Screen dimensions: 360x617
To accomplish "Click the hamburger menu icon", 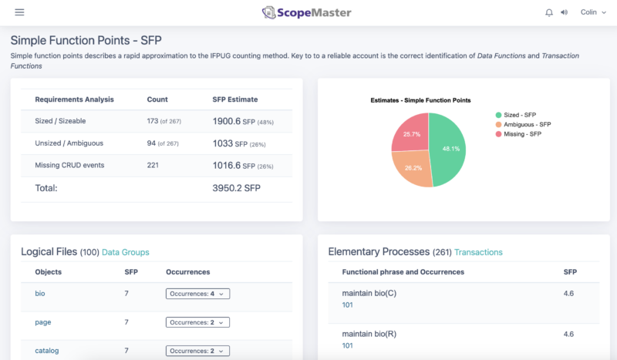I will tap(19, 12).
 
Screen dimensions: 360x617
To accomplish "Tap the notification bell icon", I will tap(549, 12).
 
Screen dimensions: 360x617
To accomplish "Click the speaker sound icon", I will tap(564, 12).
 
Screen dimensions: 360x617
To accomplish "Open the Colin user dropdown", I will tap(594, 12).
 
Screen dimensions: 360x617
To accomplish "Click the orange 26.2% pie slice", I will tap(411, 167).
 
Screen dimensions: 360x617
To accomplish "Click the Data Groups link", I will tap(126, 252).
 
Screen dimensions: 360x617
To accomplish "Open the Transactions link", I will tap(478, 252).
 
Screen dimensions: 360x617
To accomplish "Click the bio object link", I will tap(40, 293).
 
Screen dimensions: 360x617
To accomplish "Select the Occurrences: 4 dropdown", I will tap(198, 293).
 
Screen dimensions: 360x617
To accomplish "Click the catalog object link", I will tap(47, 351).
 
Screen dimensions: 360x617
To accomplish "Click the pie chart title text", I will tap(420, 100).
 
